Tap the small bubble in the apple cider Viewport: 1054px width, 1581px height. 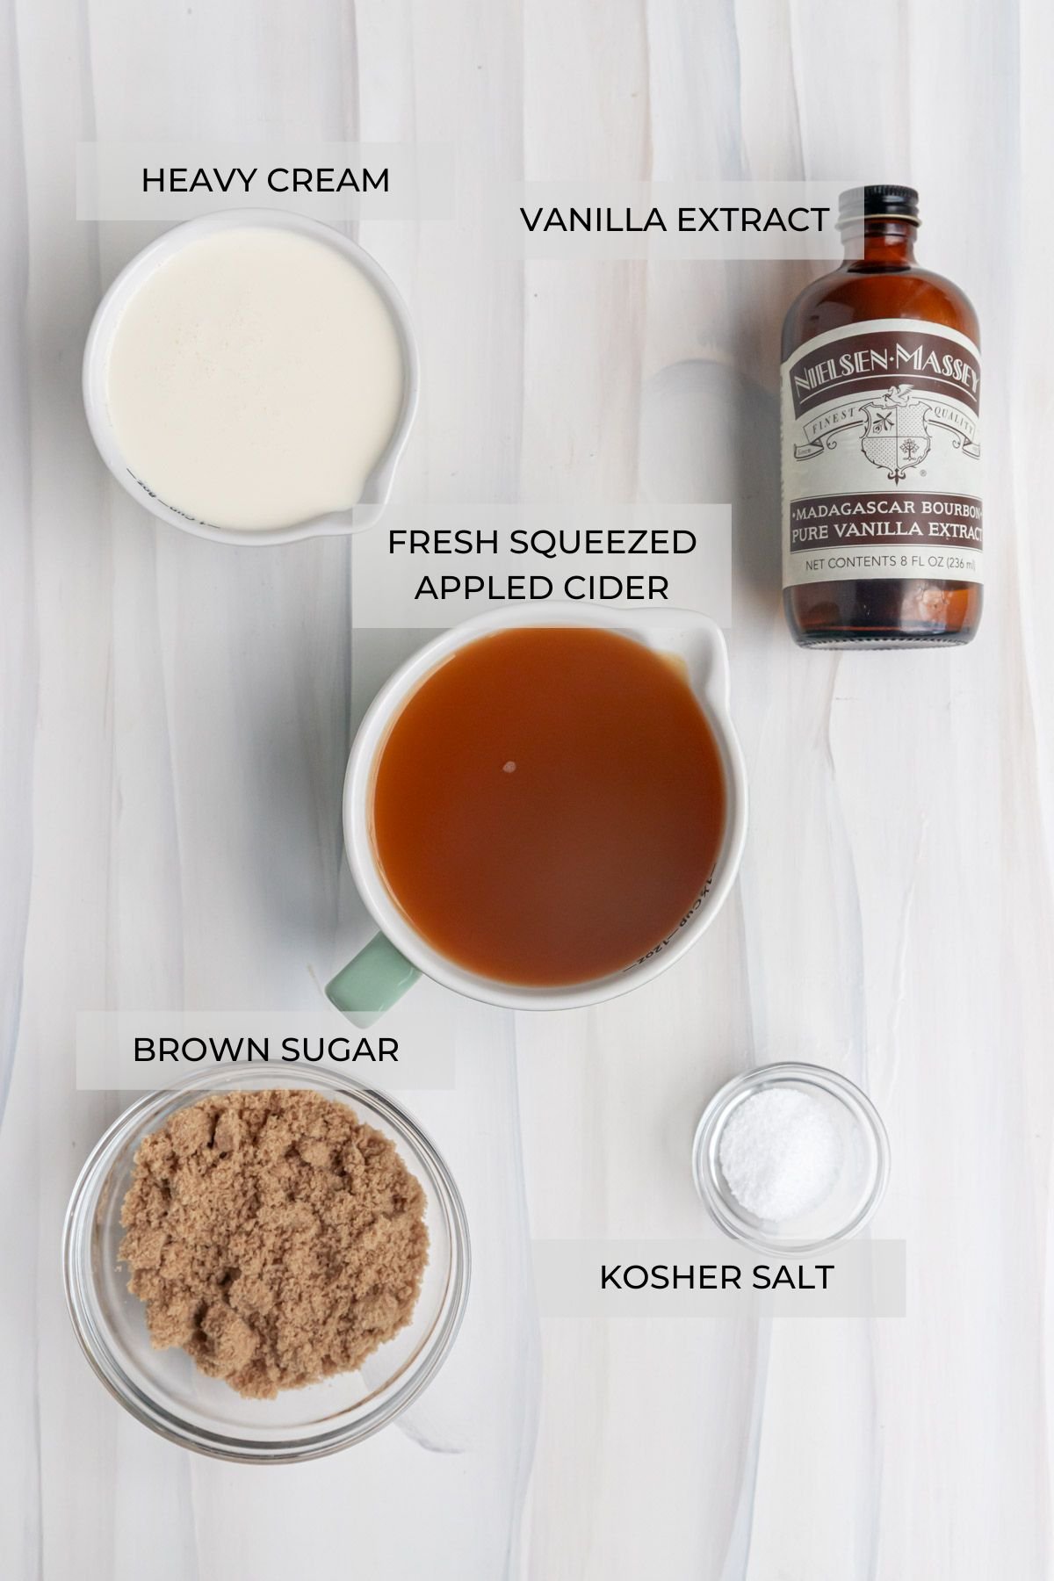click(x=509, y=766)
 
